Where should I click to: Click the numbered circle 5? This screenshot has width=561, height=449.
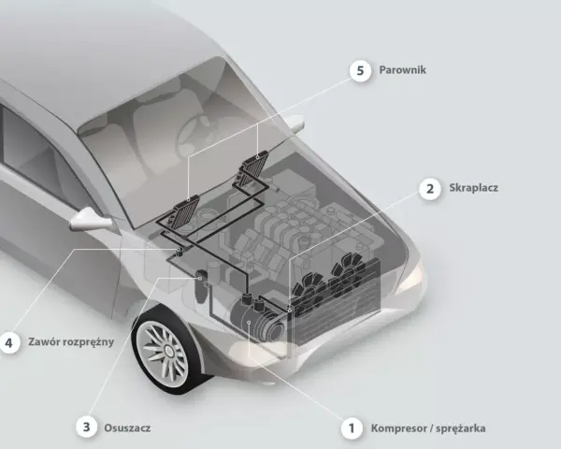coord(360,70)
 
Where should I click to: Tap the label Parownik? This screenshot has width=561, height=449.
coord(402,70)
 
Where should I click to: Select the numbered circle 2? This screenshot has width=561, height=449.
coord(430,188)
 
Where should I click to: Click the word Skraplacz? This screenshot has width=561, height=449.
coord(473,188)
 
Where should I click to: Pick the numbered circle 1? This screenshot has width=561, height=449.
coord(352,428)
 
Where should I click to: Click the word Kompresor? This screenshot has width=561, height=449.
coord(396,428)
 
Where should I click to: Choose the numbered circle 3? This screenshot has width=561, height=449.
coord(87,427)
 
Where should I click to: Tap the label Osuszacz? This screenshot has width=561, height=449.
coord(127,427)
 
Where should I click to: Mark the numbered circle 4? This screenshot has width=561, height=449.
coord(8,342)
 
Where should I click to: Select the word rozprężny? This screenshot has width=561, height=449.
coord(88,342)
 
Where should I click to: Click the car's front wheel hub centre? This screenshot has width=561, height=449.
coord(167,351)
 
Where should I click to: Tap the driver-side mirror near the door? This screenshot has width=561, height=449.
coord(91,219)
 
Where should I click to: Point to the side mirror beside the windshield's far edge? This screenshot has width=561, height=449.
coord(295,123)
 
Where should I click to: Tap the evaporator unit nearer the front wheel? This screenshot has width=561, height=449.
coord(184,211)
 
